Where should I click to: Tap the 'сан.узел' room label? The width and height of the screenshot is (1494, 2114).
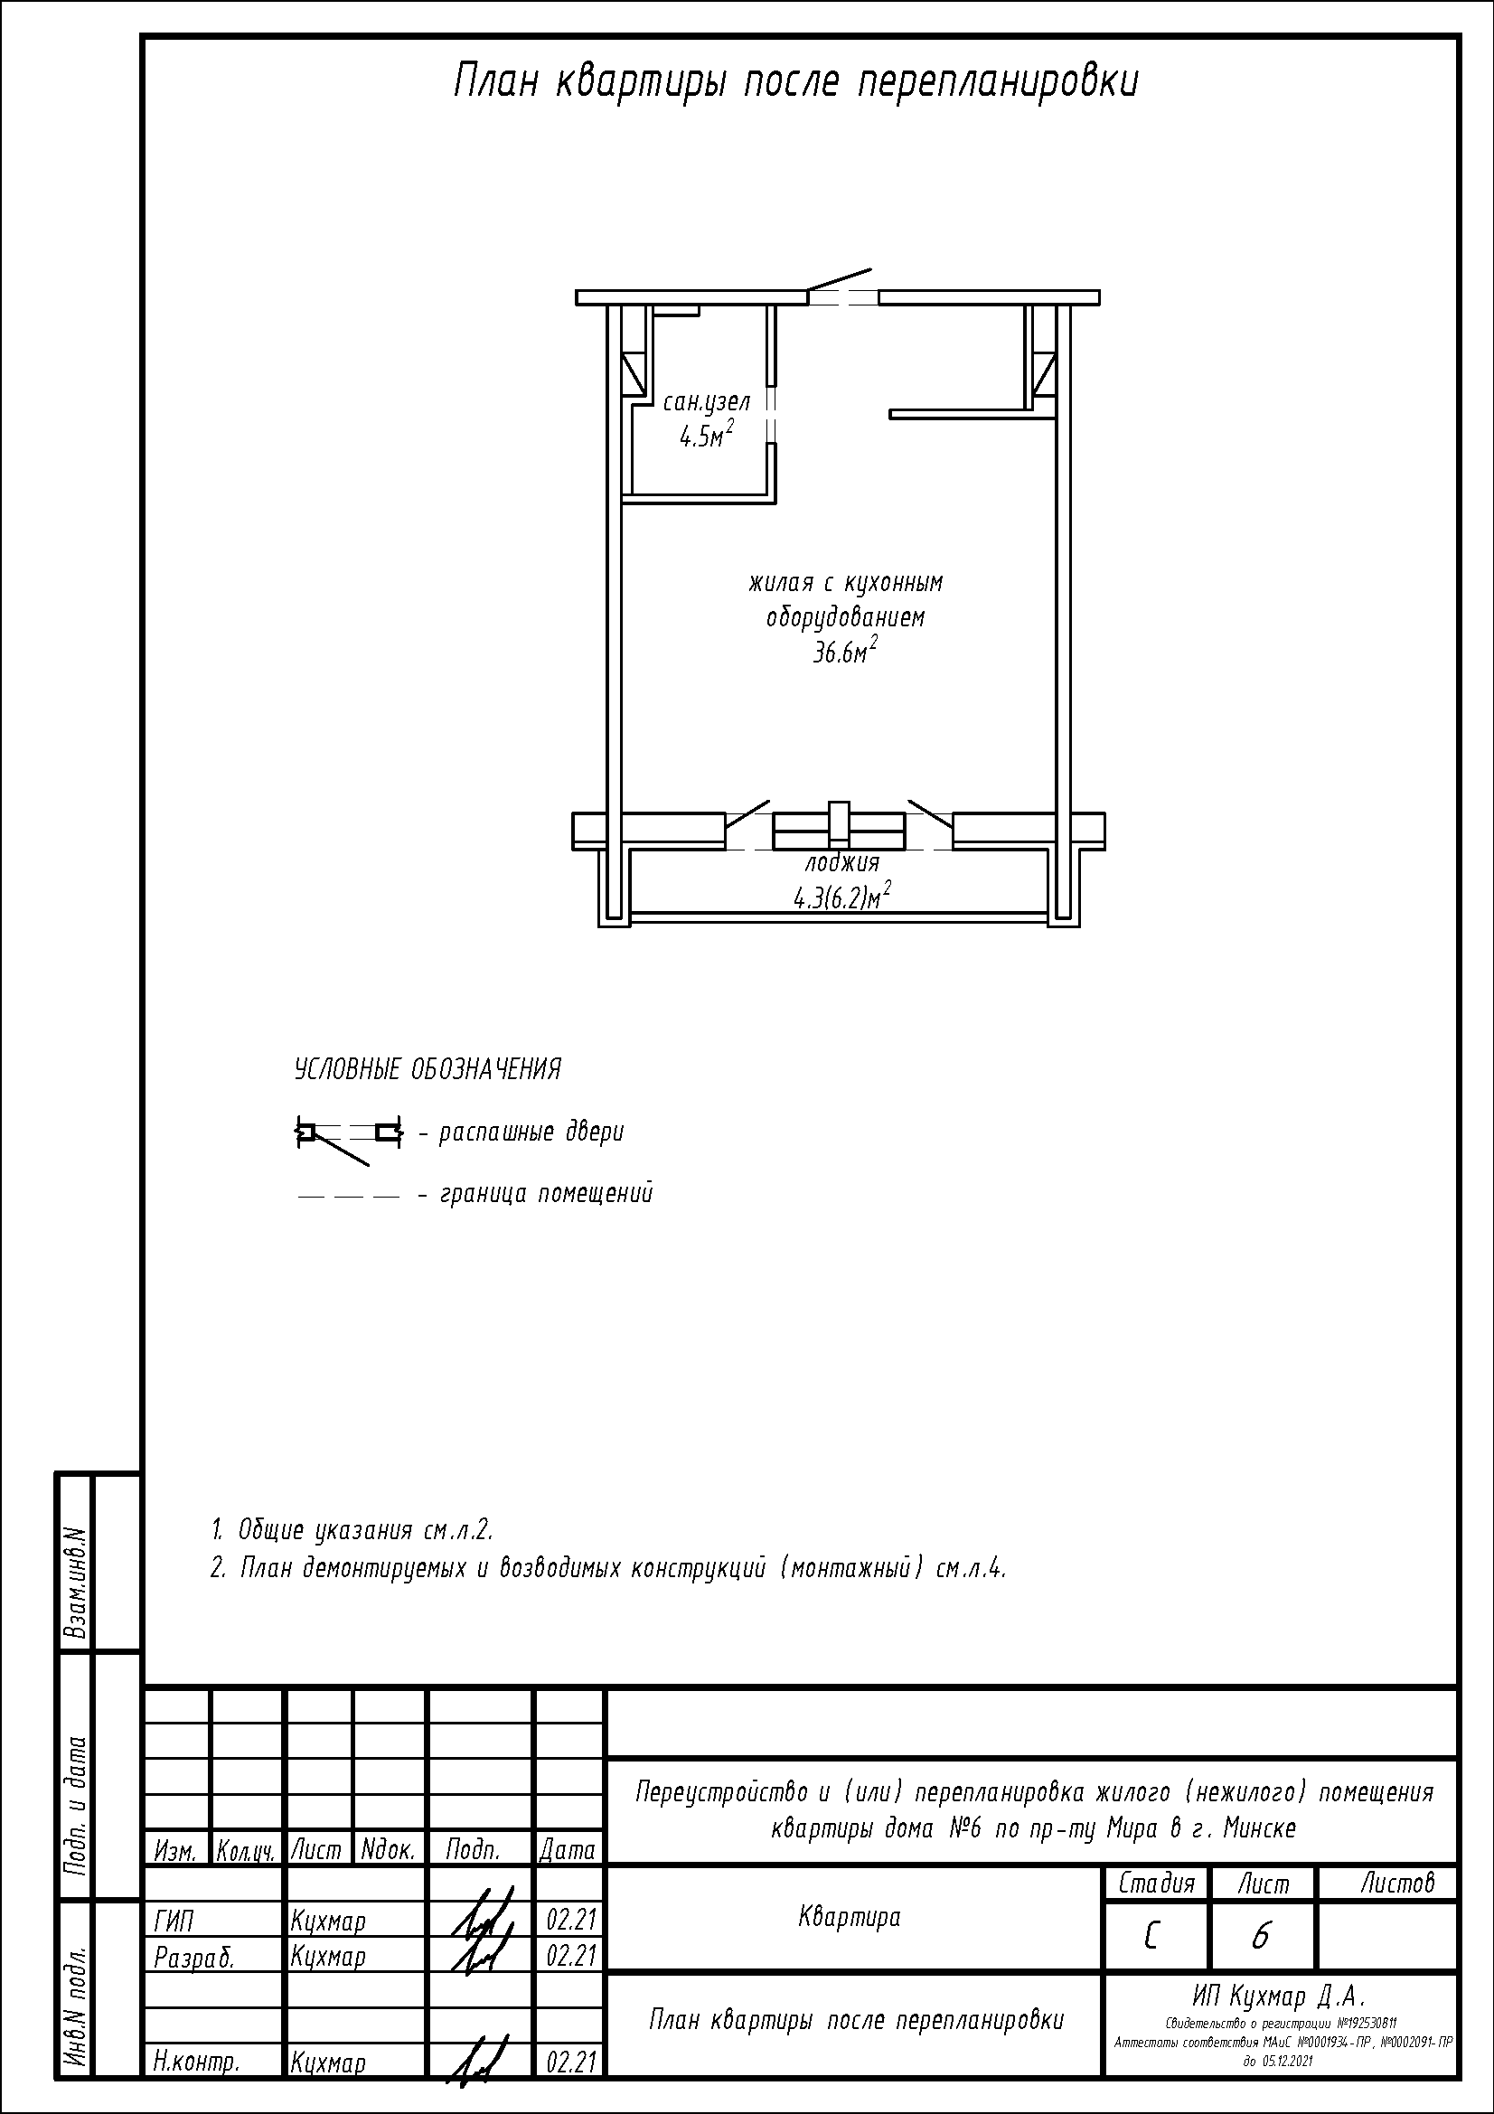point(707,402)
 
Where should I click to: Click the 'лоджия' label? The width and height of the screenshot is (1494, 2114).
point(842,863)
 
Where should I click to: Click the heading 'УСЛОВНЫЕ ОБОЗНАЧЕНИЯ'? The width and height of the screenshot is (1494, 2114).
point(428,1070)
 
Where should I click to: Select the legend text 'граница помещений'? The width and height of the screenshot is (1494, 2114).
point(547,1194)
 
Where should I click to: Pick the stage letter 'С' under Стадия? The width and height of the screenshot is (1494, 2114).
point(1151,1936)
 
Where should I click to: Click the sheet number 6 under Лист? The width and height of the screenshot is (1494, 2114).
point(1260,1936)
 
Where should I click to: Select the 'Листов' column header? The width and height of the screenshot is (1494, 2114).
point(1397,1883)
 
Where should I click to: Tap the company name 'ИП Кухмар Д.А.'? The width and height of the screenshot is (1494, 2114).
point(1280,1997)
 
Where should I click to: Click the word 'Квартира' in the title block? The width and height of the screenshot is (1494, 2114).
point(849,1917)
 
